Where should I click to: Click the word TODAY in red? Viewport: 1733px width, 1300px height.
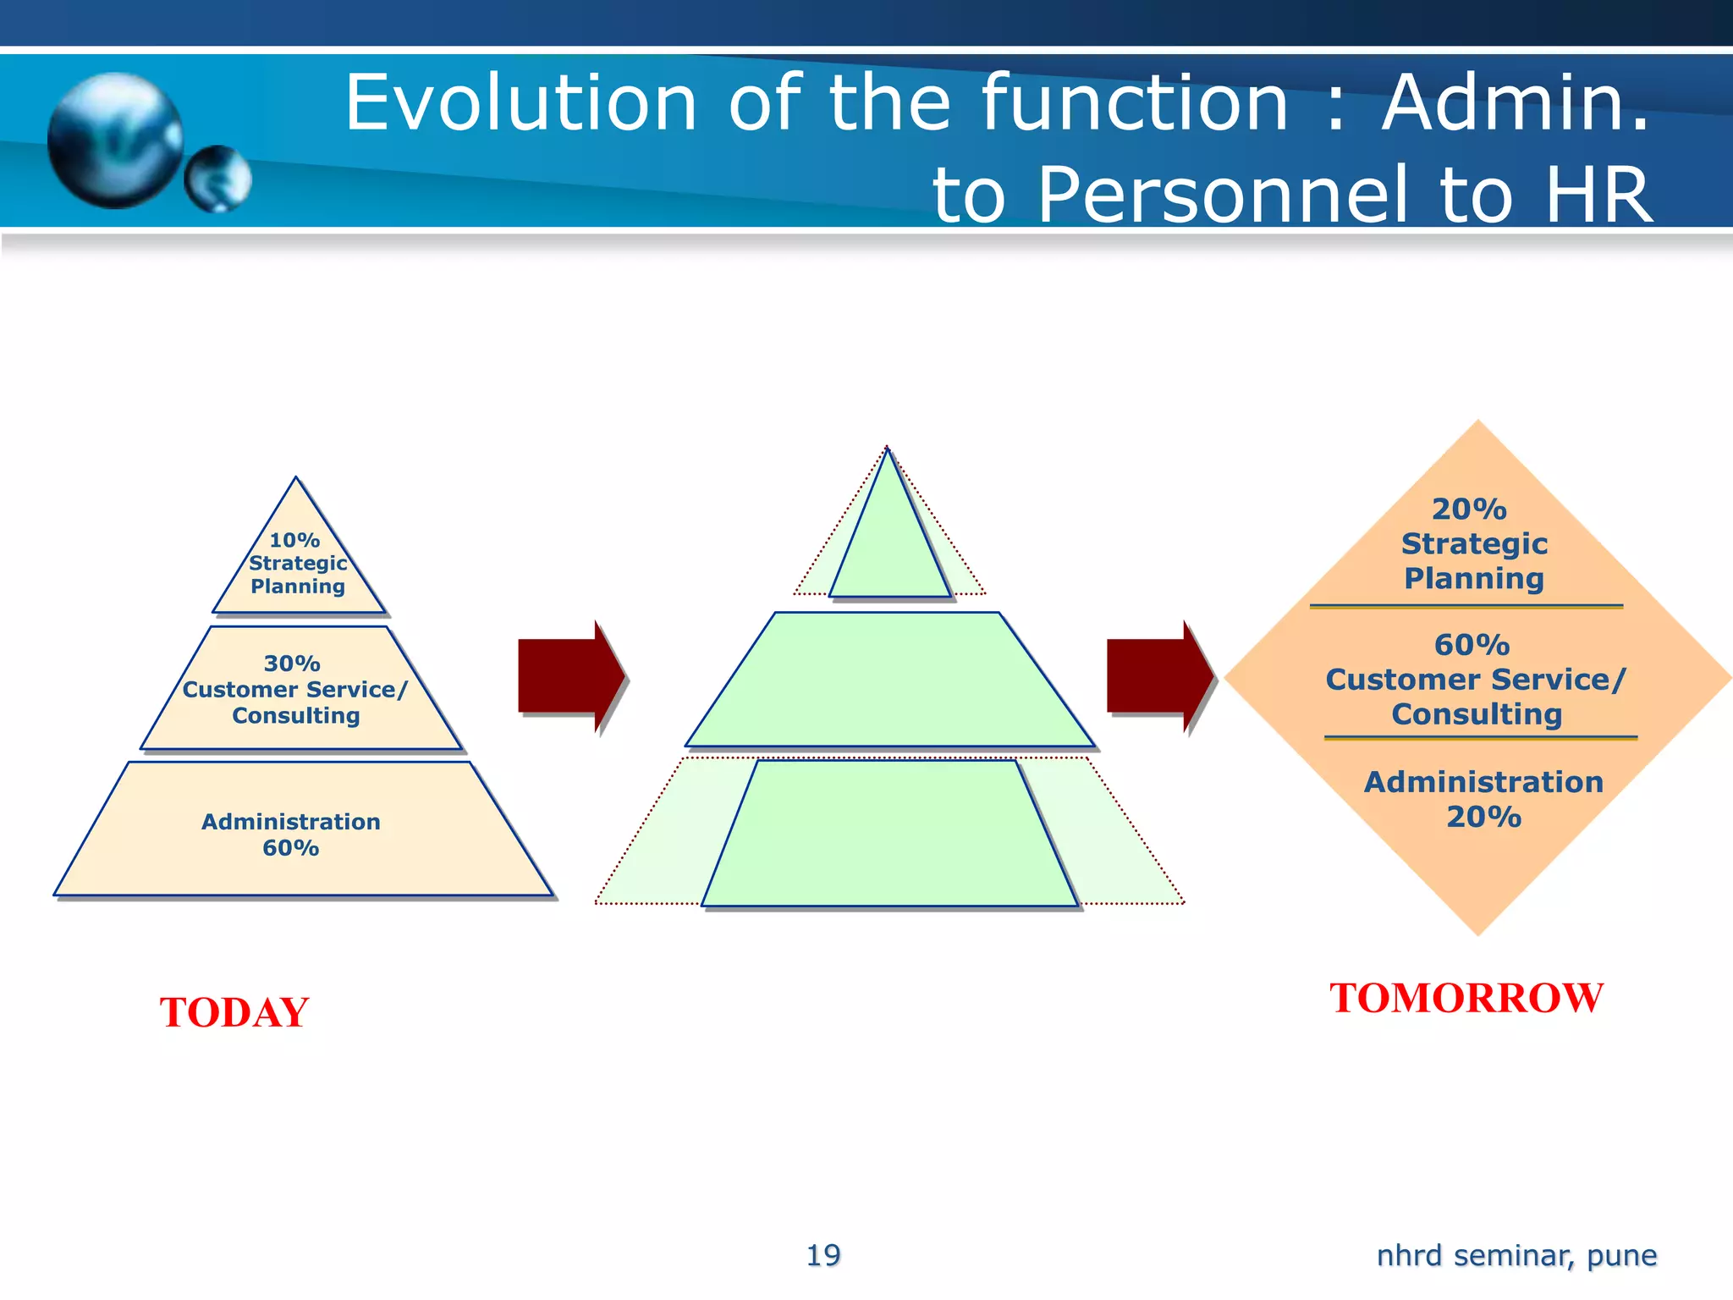point(234,1012)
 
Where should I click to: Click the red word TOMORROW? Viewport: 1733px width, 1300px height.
point(1466,998)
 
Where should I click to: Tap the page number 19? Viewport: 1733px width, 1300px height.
point(822,1255)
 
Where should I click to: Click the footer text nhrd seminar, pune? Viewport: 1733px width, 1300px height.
point(1516,1255)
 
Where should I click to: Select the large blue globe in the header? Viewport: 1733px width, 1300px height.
point(114,140)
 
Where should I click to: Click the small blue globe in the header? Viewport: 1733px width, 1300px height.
point(218,178)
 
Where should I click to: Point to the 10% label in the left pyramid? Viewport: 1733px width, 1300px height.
point(294,540)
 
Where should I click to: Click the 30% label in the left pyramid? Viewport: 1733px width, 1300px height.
point(292,664)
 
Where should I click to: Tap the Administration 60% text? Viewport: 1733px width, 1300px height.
point(291,835)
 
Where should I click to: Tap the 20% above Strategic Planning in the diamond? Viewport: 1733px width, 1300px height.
point(1469,510)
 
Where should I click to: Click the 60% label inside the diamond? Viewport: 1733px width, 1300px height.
point(1472,645)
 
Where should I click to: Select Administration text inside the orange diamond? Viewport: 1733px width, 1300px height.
point(1483,782)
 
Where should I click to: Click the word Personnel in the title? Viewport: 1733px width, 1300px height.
point(1221,196)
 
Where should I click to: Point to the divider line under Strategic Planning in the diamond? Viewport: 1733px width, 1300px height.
point(1466,606)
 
